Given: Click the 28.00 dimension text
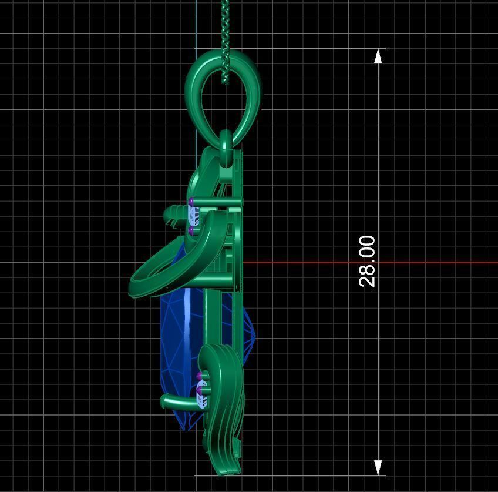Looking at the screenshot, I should click(x=367, y=261).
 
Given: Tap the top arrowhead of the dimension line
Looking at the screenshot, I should click(x=379, y=56).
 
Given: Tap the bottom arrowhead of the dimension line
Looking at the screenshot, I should click(x=379, y=467).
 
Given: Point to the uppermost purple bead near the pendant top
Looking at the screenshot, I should click(x=191, y=202).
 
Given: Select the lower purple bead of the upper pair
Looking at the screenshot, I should click(x=192, y=232).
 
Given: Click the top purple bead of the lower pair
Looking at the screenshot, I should click(x=200, y=374).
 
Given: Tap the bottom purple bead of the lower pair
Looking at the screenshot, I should click(x=200, y=389).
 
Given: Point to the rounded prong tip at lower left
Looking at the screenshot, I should click(x=165, y=401).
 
